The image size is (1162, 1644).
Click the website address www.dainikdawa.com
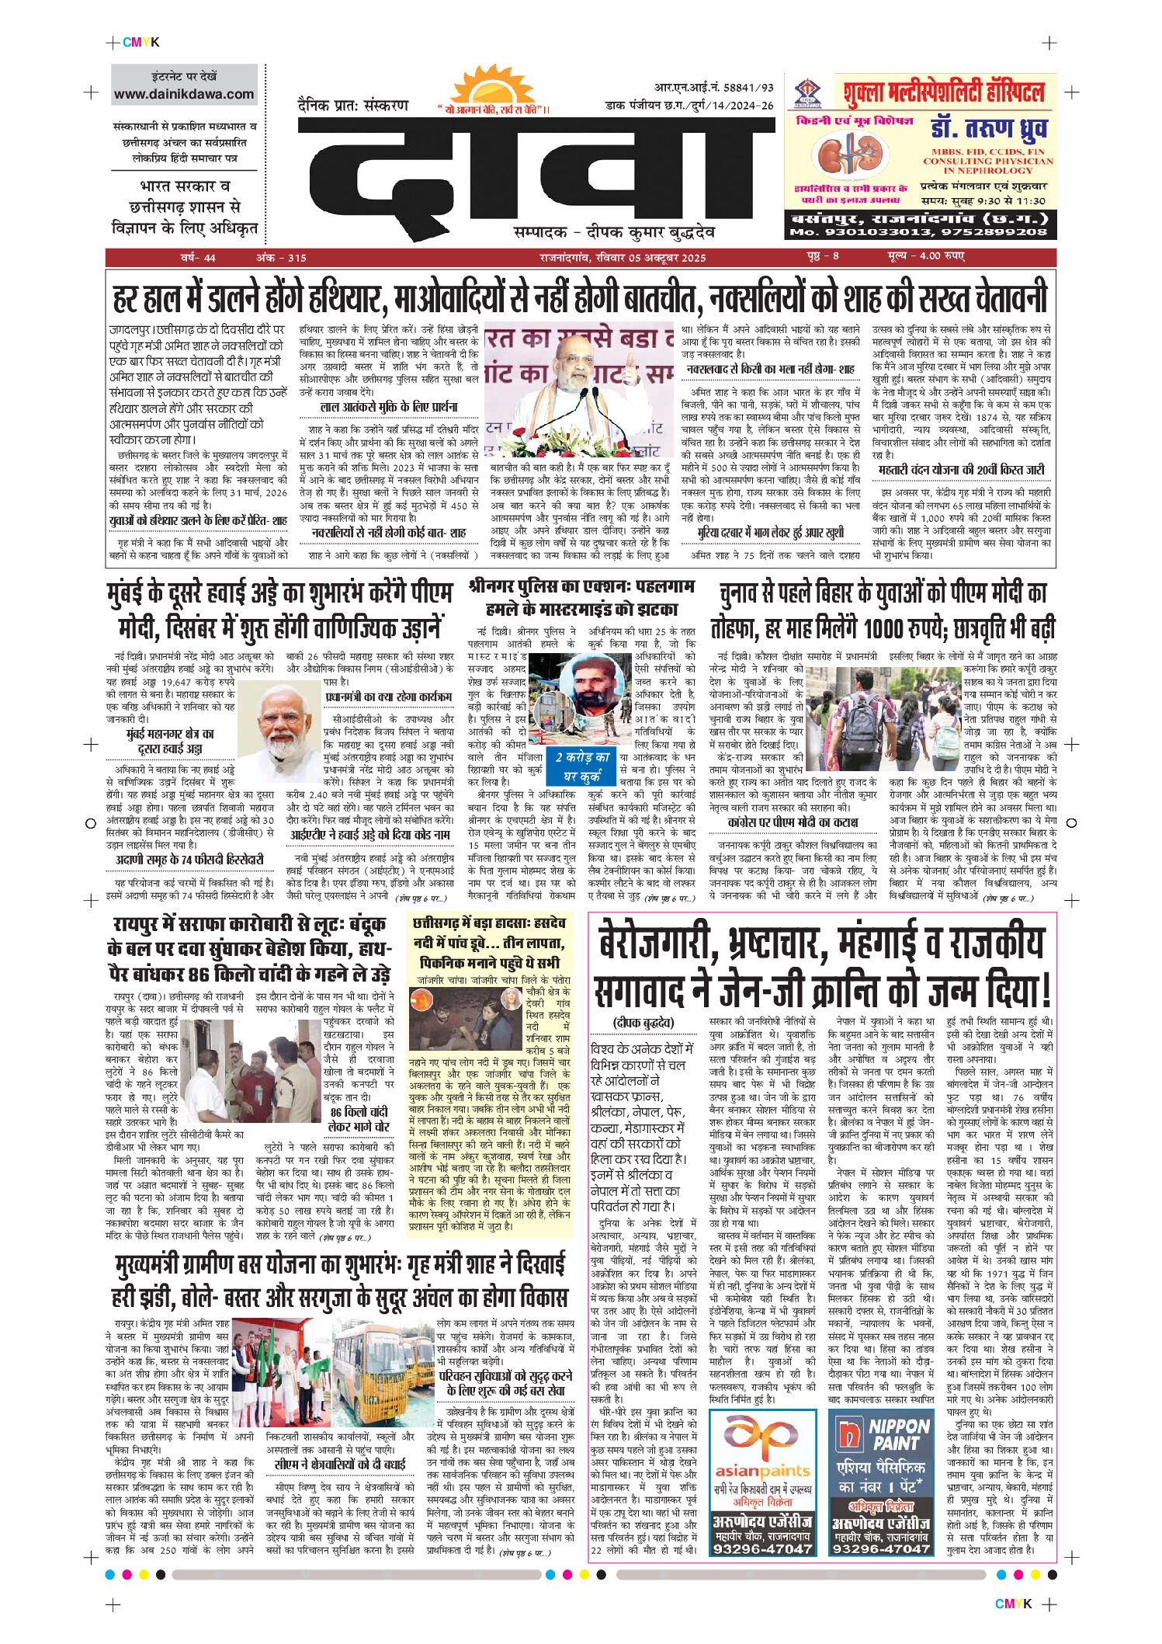click(184, 94)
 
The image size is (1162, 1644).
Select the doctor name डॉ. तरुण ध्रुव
click(988, 128)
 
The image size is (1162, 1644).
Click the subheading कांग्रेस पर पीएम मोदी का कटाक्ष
click(793, 822)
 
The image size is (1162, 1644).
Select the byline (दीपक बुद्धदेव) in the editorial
click(643, 1023)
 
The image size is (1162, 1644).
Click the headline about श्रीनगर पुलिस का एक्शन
click(581, 597)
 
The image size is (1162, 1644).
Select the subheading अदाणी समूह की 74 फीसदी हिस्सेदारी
click(189, 860)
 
